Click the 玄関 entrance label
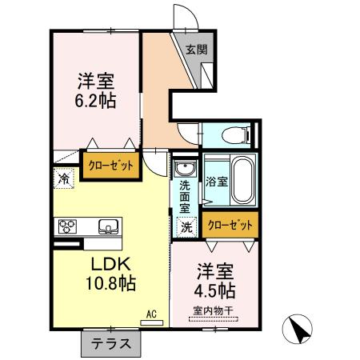197,50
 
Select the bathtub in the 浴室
242,180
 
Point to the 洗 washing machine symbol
186,226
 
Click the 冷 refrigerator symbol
62,179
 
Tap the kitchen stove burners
66,226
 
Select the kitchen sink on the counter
108,226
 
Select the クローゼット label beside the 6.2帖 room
110,165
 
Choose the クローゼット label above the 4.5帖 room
230,226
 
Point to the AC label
150,314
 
